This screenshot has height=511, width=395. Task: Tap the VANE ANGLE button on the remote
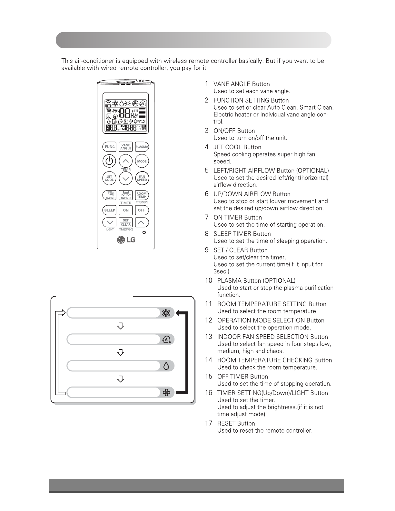click(x=126, y=147)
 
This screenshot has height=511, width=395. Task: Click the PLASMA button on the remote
click(x=142, y=147)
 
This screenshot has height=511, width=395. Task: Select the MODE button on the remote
click(x=142, y=161)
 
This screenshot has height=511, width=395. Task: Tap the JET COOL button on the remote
click(x=109, y=178)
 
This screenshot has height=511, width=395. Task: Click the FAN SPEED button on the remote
click(x=142, y=178)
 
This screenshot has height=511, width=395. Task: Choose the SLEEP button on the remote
click(x=110, y=210)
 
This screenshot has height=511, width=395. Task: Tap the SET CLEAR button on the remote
click(x=126, y=222)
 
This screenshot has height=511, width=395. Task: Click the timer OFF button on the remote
click(x=142, y=210)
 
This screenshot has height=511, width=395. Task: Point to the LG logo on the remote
click(x=126, y=240)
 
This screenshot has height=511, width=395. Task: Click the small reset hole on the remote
click(x=144, y=233)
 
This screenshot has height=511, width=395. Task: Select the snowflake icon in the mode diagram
click(x=166, y=313)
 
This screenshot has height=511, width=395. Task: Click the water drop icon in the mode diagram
click(x=166, y=366)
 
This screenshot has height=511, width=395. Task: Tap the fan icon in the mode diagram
click(x=166, y=392)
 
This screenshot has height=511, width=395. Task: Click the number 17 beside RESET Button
click(x=209, y=423)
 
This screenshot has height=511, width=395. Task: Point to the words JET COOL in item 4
click(x=228, y=147)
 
